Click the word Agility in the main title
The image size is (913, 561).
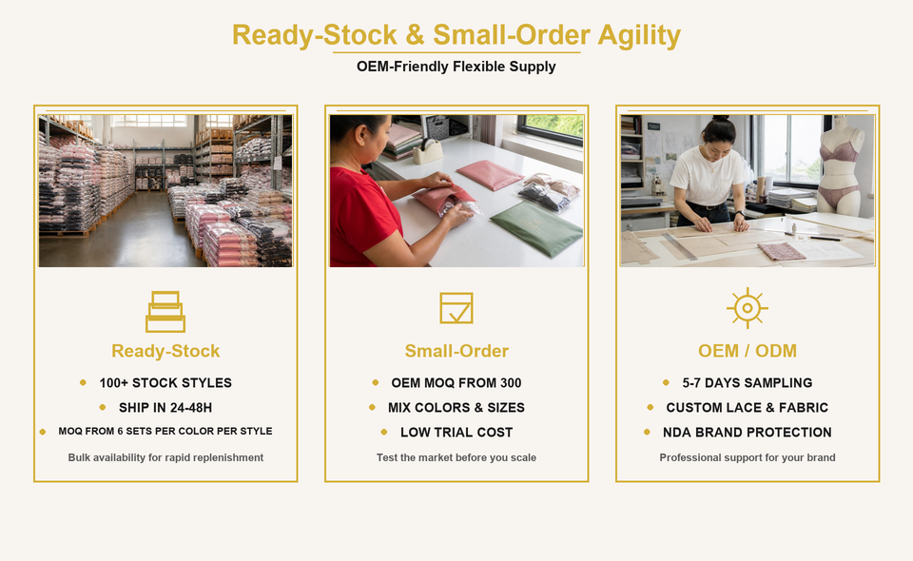tap(639, 35)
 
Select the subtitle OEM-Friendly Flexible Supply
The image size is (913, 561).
tap(456, 67)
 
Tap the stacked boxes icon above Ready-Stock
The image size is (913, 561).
tap(165, 312)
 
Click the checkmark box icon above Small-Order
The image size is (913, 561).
tap(456, 308)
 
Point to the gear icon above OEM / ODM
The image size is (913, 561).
tap(748, 308)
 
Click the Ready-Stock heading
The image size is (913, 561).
tap(165, 351)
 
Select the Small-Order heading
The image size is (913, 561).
tap(456, 351)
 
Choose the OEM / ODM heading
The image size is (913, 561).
tap(748, 351)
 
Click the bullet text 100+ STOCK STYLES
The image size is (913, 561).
tap(165, 383)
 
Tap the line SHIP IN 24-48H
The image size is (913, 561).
tap(165, 408)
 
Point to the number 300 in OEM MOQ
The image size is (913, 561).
tap(511, 383)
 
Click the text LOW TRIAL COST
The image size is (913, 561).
tap(456, 433)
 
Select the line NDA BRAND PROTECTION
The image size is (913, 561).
tap(748, 433)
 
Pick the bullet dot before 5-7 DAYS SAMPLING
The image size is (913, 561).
tap(666, 382)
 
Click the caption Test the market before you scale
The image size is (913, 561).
tap(456, 457)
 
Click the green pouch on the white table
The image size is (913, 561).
tap(536, 227)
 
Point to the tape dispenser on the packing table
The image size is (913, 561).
tap(429, 152)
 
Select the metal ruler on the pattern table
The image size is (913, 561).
tap(679, 246)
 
